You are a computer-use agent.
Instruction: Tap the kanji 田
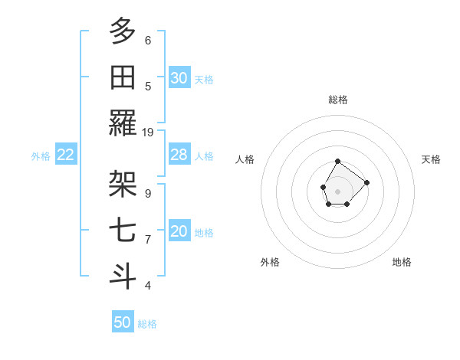(123, 77)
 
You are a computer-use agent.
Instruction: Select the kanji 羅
(123, 123)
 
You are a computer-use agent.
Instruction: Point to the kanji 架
(123, 184)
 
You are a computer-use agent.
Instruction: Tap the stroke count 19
(148, 132)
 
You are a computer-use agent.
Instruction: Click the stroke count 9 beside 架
(148, 193)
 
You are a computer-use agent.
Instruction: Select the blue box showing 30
(179, 78)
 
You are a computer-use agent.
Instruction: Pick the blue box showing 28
(179, 155)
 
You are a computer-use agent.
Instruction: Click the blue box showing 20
(179, 231)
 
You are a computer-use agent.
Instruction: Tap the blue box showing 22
(65, 155)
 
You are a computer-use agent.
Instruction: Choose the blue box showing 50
(123, 322)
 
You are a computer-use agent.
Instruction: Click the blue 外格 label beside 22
(41, 156)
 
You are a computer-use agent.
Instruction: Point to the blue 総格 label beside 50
(147, 324)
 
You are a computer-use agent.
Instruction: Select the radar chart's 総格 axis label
(338, 100)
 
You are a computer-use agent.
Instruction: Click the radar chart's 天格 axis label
(432, 159)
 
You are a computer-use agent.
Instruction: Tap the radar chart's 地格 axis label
(402, 262)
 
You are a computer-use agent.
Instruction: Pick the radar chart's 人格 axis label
(245, 159)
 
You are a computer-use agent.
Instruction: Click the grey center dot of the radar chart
(338, 190)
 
